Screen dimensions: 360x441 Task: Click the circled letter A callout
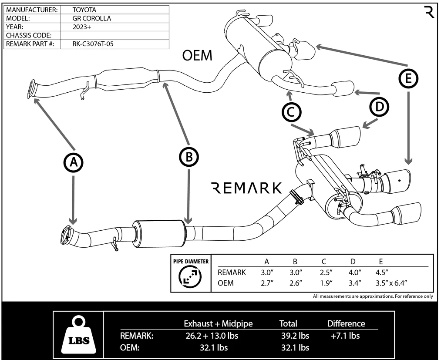pos(74,162)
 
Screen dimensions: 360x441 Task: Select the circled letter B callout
pos(189,157)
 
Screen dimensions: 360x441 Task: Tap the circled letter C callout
pos(291,112)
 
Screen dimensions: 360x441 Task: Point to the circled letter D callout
pos(379,107)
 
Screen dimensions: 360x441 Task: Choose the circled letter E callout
pos(408,78)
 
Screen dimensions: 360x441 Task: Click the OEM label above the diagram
pos(197,56)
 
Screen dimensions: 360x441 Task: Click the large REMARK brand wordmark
pos(246,188)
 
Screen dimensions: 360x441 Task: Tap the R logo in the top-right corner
pos(429,12)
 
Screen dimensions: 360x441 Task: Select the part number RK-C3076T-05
pos(93,44)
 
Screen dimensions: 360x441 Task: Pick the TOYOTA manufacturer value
pos(84,10)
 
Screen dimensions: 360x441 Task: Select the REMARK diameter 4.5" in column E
pos(384,273)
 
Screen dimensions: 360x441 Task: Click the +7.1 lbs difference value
pos(345,336)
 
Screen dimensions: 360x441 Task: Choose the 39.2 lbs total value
pos(295,336)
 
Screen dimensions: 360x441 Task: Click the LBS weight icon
pos(78,334)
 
